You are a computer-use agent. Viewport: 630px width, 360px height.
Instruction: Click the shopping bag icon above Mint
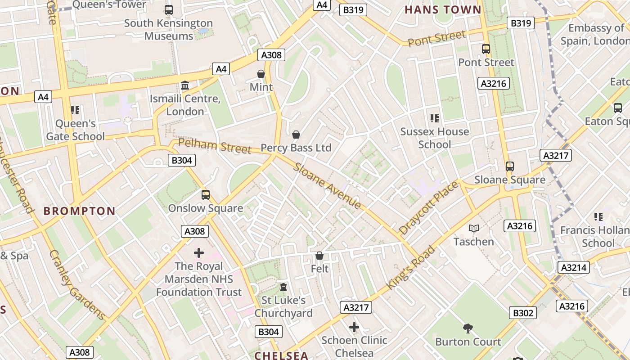click(261, 74)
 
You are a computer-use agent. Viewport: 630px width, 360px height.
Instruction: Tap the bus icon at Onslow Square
click(206, 195)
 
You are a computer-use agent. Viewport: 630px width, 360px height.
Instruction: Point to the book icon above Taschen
click(473, 229)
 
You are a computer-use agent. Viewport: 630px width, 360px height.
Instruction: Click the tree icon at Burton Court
click(468, 328)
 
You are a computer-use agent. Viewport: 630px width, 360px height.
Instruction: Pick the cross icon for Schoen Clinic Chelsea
click(354, 327)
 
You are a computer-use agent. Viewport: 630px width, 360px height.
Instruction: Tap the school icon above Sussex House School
click(434, 118)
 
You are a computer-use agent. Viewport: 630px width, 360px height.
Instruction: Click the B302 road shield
click(523, 313)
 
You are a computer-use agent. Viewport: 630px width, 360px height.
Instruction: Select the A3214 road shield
click(573, 268)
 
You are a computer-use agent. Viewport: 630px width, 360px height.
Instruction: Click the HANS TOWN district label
click(443, 10)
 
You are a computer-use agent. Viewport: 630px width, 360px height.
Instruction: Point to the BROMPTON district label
click(80, 211)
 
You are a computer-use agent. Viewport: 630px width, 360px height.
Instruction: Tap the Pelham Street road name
click(214, 146)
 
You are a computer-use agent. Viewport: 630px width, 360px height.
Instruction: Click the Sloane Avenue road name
click(327, 186)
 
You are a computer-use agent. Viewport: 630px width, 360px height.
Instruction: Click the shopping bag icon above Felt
click(319, 256)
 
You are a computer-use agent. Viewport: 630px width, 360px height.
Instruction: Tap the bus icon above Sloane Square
click(509, 166)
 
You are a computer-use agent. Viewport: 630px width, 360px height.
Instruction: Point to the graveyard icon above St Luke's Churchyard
click(283, 287)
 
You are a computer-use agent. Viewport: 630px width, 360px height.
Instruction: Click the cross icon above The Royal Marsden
click(198, 253)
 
